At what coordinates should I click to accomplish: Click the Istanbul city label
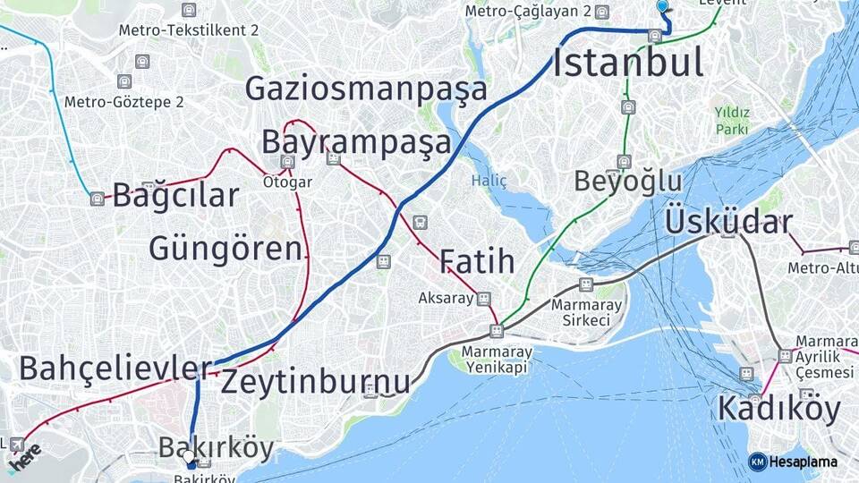[x=627, y=64]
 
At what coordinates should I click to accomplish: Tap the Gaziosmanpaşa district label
[x=366, y=89]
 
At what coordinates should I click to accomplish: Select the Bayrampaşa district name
[x=356, y=142]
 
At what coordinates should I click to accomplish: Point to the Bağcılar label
[x=176, y=196]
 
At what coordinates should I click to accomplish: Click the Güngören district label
[x=225, y=248]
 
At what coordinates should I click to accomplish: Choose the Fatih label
[x=477, y=262]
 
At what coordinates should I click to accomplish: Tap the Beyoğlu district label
[x=627, y=182]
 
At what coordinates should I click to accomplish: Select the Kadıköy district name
[x=778, y=410]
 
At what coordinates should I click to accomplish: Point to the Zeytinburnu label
[x=315, y=382]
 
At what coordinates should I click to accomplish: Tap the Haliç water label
[x=489, y=182]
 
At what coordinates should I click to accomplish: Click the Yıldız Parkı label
[x=731, y=120]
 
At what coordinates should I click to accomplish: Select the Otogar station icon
[x=287, y=162]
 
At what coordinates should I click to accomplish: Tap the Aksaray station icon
[x=484, y=298]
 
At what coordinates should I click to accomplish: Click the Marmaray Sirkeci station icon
[x=586, y=284]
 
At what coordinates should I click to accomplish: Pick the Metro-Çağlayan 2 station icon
[x=601, y=13]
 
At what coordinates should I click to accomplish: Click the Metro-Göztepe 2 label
[x=123, y=102]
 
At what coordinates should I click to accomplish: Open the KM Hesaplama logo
[x=793, y=462]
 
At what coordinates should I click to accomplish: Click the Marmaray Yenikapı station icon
[x=497, y=331]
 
